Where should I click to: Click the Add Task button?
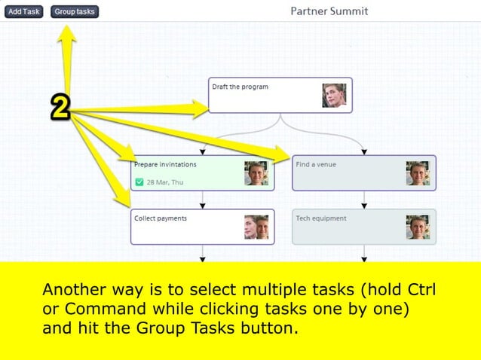[x=24, y=12]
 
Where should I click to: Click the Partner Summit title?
[x=329, y=11]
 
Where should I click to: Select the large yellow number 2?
[x=60, y=108]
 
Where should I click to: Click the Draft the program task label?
[x=240, y=87]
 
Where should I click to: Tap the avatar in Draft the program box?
[x=334, y=96]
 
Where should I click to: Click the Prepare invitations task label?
[x=165, y=164]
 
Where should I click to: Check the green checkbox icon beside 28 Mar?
[x=139, y=182]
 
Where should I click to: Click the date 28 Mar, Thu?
[x=164, y=182]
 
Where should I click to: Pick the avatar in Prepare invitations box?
[x=256, y=173]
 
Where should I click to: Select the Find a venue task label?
[x=316, y=164]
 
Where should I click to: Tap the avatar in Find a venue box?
[x=417, y=173]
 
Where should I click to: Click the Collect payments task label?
[x=160, y=218]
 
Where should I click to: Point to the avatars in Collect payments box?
[x=256, y=227]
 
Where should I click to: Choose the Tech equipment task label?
[x=321, y=218]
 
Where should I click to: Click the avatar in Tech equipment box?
[x=417, y=227]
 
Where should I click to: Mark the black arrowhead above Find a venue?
[x=364, y=151]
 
